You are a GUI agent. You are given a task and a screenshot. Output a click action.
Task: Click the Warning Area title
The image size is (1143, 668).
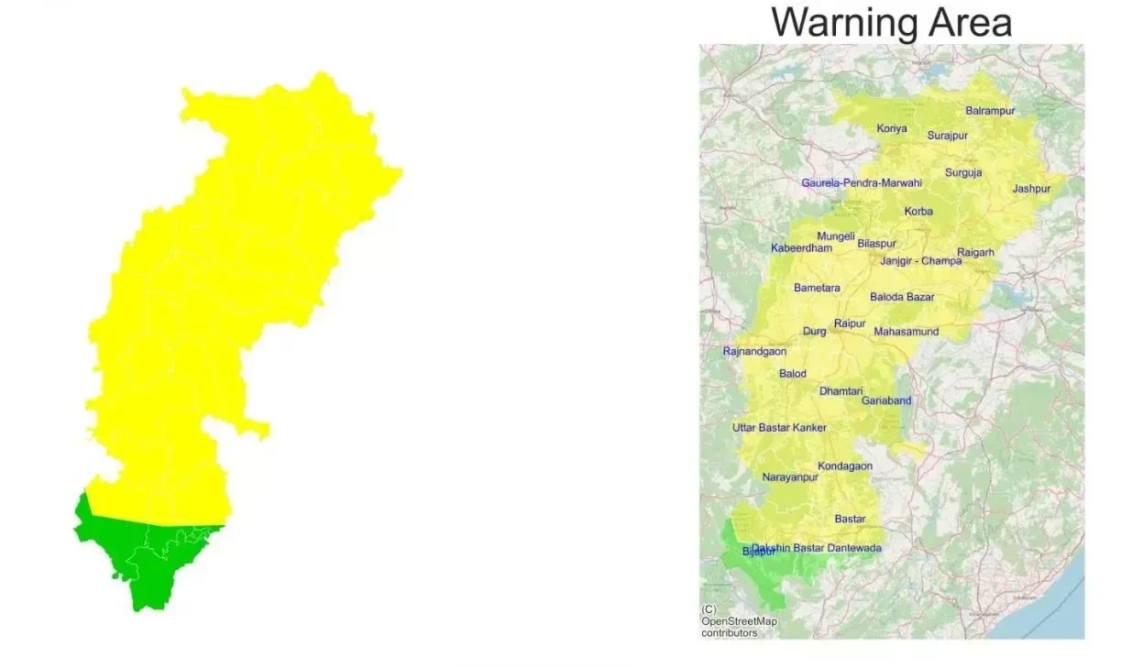891,22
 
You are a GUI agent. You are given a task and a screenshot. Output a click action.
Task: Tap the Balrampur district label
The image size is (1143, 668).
990,111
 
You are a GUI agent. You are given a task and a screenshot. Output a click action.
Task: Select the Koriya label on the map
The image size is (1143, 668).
891,128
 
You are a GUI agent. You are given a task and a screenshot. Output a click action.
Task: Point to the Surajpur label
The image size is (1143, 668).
947,136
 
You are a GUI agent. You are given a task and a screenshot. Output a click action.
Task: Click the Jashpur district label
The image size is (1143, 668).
1031,189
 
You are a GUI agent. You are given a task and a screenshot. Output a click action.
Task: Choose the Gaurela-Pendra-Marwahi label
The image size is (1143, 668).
861,183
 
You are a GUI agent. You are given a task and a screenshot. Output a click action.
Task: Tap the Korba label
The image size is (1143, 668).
918,212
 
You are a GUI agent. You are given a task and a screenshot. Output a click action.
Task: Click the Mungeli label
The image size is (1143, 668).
835,236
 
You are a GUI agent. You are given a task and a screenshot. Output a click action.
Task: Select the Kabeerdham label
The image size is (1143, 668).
801,248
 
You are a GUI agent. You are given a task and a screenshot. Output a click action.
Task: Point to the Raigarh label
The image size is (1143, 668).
975,252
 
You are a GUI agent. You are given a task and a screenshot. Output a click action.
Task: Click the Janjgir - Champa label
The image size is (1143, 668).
920,261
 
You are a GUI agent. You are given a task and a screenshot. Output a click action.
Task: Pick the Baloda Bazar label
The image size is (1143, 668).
902,297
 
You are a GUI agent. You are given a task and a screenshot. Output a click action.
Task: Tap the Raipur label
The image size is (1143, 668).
850,323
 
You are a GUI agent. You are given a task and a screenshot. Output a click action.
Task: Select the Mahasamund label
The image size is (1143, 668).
906,332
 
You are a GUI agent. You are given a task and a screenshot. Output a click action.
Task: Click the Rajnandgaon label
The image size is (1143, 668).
753,352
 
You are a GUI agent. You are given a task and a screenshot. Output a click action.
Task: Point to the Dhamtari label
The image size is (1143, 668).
841,391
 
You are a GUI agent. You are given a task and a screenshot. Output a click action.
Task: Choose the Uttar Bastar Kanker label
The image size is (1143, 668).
779,428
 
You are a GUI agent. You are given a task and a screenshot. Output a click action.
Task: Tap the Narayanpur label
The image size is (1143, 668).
789,477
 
